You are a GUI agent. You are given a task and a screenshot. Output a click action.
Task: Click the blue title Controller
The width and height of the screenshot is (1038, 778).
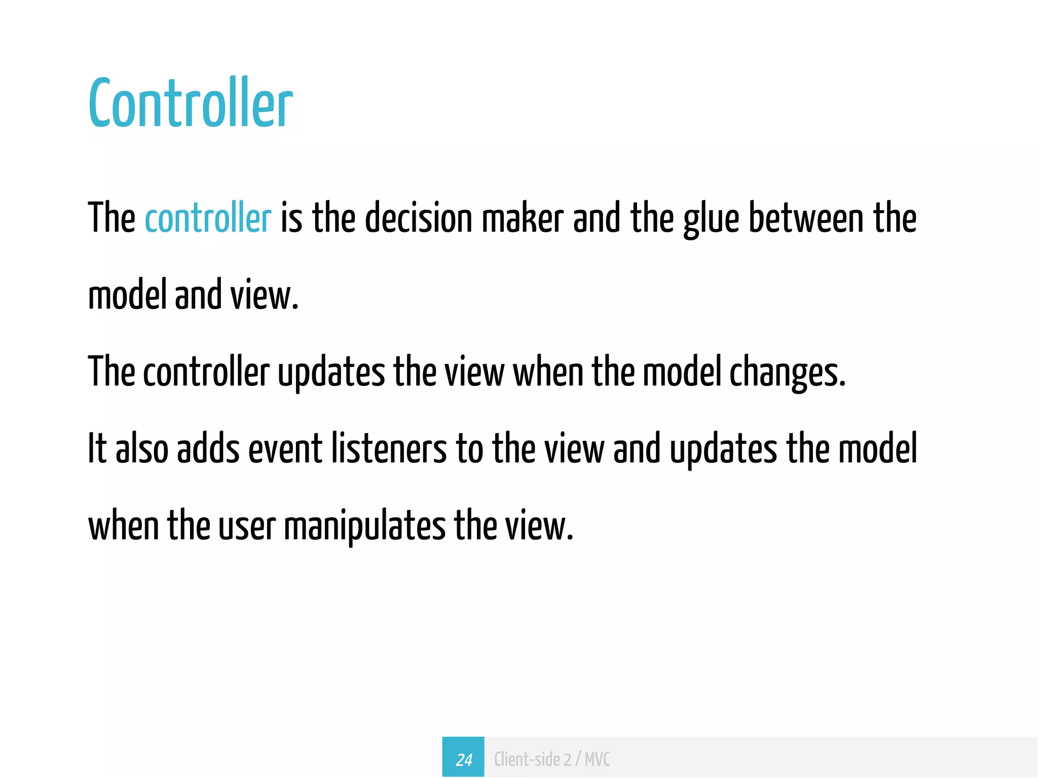[191, 103]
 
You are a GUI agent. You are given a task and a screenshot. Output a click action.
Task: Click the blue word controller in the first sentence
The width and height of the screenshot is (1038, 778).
[208, 218]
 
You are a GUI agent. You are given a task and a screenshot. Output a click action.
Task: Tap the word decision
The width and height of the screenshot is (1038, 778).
[419, 218]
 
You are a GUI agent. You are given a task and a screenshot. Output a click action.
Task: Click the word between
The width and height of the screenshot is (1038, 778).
[806, 218]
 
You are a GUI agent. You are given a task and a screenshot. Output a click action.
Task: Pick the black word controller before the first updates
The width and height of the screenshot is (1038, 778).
[206, 372]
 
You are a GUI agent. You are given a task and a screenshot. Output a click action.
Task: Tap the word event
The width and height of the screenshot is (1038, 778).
[285, 449]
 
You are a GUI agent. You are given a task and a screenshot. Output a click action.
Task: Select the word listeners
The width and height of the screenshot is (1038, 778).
[389, 449]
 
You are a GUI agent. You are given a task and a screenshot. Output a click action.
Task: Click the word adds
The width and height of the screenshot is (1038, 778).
[208, 449]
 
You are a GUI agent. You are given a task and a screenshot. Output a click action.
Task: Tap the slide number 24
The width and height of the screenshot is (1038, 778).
[463, 759]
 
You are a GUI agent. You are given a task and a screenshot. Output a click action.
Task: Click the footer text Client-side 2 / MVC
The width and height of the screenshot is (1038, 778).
[551, 759]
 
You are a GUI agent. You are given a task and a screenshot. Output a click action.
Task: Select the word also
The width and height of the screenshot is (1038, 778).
[141, 449]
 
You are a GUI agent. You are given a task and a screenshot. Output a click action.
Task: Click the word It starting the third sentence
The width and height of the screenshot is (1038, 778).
[97, 449]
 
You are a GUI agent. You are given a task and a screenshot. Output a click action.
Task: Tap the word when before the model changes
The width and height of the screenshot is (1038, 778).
[548, 372]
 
